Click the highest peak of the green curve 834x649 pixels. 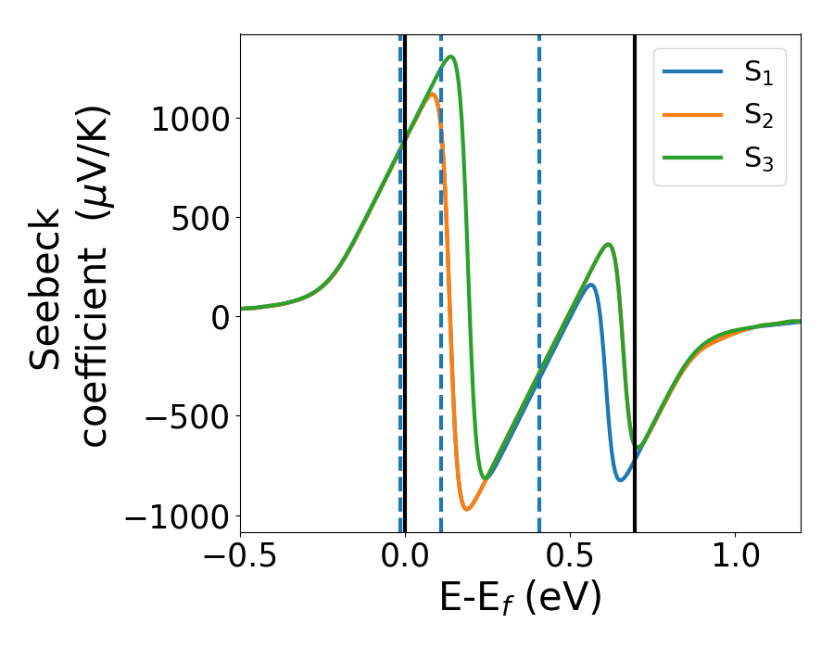click(x=450, y=57)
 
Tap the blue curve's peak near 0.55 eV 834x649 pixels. click(x=590, y=285)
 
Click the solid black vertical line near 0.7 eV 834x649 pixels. click(x=635, y=278)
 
